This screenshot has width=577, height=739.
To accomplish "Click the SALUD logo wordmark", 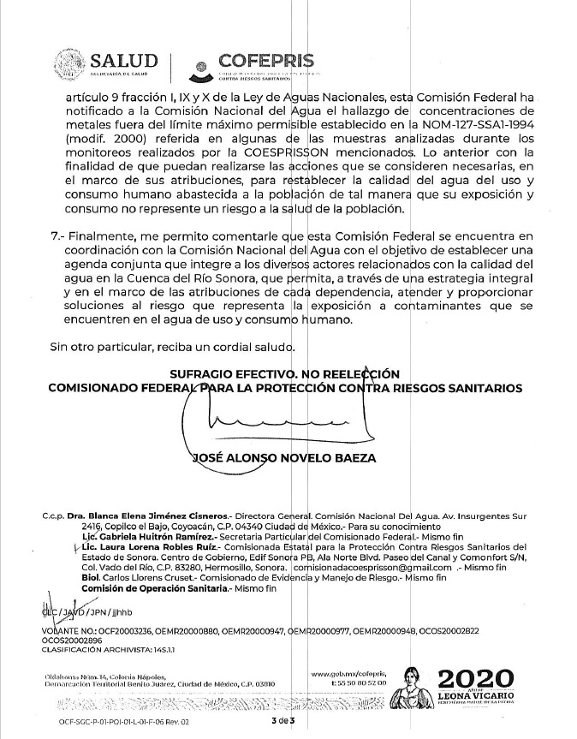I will click(x=124, y=61).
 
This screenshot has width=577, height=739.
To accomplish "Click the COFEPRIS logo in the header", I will click(x=265, y=63).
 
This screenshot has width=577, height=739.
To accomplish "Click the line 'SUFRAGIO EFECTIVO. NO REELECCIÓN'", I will click(x=284, y=373).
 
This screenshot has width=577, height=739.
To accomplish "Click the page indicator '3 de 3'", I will click(x=282, y=724).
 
